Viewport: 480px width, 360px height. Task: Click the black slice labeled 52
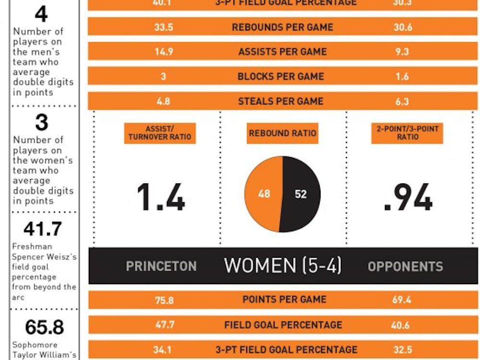click(x=301, y=194)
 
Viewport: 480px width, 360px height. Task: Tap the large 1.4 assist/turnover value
click(x=161, y=197)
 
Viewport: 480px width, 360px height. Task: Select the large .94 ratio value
click(x=408, y=197)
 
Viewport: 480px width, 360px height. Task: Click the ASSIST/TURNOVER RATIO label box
click(x=160, y=133)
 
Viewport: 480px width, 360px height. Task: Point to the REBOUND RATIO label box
click(x=283, y=133)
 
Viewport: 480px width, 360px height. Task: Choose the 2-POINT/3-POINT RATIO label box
click(x=407, y=133)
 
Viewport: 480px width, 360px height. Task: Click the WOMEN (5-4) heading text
click(x=283, y=265)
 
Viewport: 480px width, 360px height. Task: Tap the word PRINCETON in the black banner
click(x=161, y=266)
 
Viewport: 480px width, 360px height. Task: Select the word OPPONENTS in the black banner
click(x=406, y=266)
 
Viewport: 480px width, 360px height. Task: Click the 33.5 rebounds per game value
click(x=164, y=27)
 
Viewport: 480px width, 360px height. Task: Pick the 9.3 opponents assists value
click(x=402, y=51)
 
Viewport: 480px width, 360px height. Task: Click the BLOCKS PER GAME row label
click(x=281, y=76)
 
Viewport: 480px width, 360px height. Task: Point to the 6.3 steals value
click(x=402, y=101)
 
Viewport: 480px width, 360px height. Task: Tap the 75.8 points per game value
click(x=164, y=300)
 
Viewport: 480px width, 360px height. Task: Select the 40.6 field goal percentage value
click(x=400, y=325)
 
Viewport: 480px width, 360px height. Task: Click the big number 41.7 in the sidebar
click(x=43, y=229)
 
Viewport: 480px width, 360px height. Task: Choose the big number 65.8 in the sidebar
click(x=45, y=327)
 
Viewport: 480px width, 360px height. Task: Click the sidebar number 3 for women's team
click(x=42, y=123)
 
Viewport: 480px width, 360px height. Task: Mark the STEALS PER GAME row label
click(x=281, y=101)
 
